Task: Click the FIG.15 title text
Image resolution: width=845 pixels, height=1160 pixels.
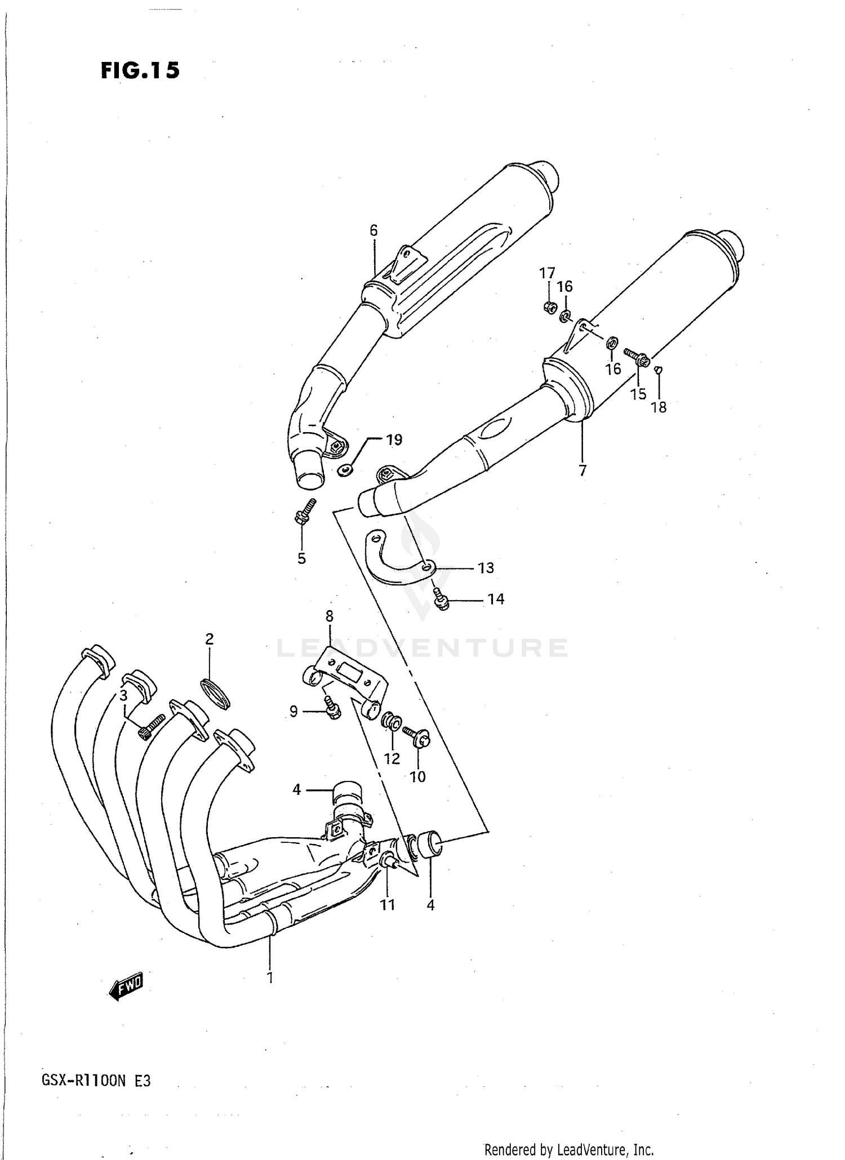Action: click(x=140, y=70)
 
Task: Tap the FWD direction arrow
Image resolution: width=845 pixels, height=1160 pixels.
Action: click(x=127, y=986)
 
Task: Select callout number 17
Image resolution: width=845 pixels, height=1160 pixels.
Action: click(x=546, y=274)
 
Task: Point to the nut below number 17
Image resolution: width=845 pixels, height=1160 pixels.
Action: click(x=551, y=307)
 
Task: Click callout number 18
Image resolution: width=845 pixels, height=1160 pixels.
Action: click(x=659, y=407)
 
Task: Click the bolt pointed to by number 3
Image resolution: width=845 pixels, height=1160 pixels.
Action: click(x=150, y=726)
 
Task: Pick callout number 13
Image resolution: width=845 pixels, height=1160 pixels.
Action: click(x=486, y=568)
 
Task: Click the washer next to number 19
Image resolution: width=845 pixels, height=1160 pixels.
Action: click(x=345, y=469)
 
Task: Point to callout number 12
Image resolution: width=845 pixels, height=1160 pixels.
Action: click(x=392, y=758)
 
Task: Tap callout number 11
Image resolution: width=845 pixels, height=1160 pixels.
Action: click(x=387, y=905)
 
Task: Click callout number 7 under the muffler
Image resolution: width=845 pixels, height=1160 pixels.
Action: click(x=582, y=470)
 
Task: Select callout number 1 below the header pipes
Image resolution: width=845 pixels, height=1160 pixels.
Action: click(x=270, y=977)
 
